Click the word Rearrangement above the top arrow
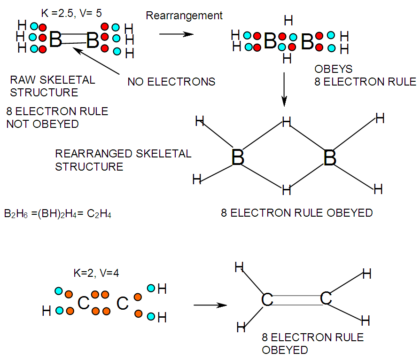click(x=184, y=16)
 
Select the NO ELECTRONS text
click(x=171, y=82)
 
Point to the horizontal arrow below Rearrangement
click(x=176, y=34)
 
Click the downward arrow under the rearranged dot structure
click(x=284, y=89)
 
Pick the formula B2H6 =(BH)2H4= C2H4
click(x=58, y=214)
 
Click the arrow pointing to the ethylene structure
click(x=210, y=305)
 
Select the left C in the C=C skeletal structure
click(x=267, y=299)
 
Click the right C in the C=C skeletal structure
click(x=326, y=298)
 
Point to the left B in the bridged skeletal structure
click(x=238, y=158)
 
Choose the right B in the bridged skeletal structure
click(x=330, y=158)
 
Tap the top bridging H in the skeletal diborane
click(x=286, y=123)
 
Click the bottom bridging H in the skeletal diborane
click(x=286, y=190)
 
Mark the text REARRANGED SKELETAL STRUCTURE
click(x=123, y=160)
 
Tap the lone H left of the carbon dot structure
click(x=46, y=311)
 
